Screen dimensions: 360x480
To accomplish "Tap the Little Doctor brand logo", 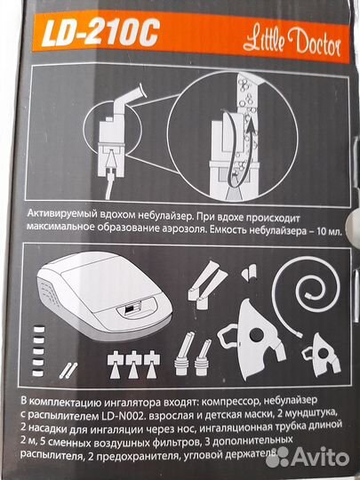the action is (x=292, y=44).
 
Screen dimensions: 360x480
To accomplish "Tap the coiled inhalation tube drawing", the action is (x=306, y=294).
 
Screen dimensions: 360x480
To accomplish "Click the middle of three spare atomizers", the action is (x=133, y=364).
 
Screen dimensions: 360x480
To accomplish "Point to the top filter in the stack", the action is (x=39, y=330).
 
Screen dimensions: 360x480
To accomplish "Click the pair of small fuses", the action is (x=68, y=370).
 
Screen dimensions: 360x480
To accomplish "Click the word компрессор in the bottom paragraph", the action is (x=228, y=402).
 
